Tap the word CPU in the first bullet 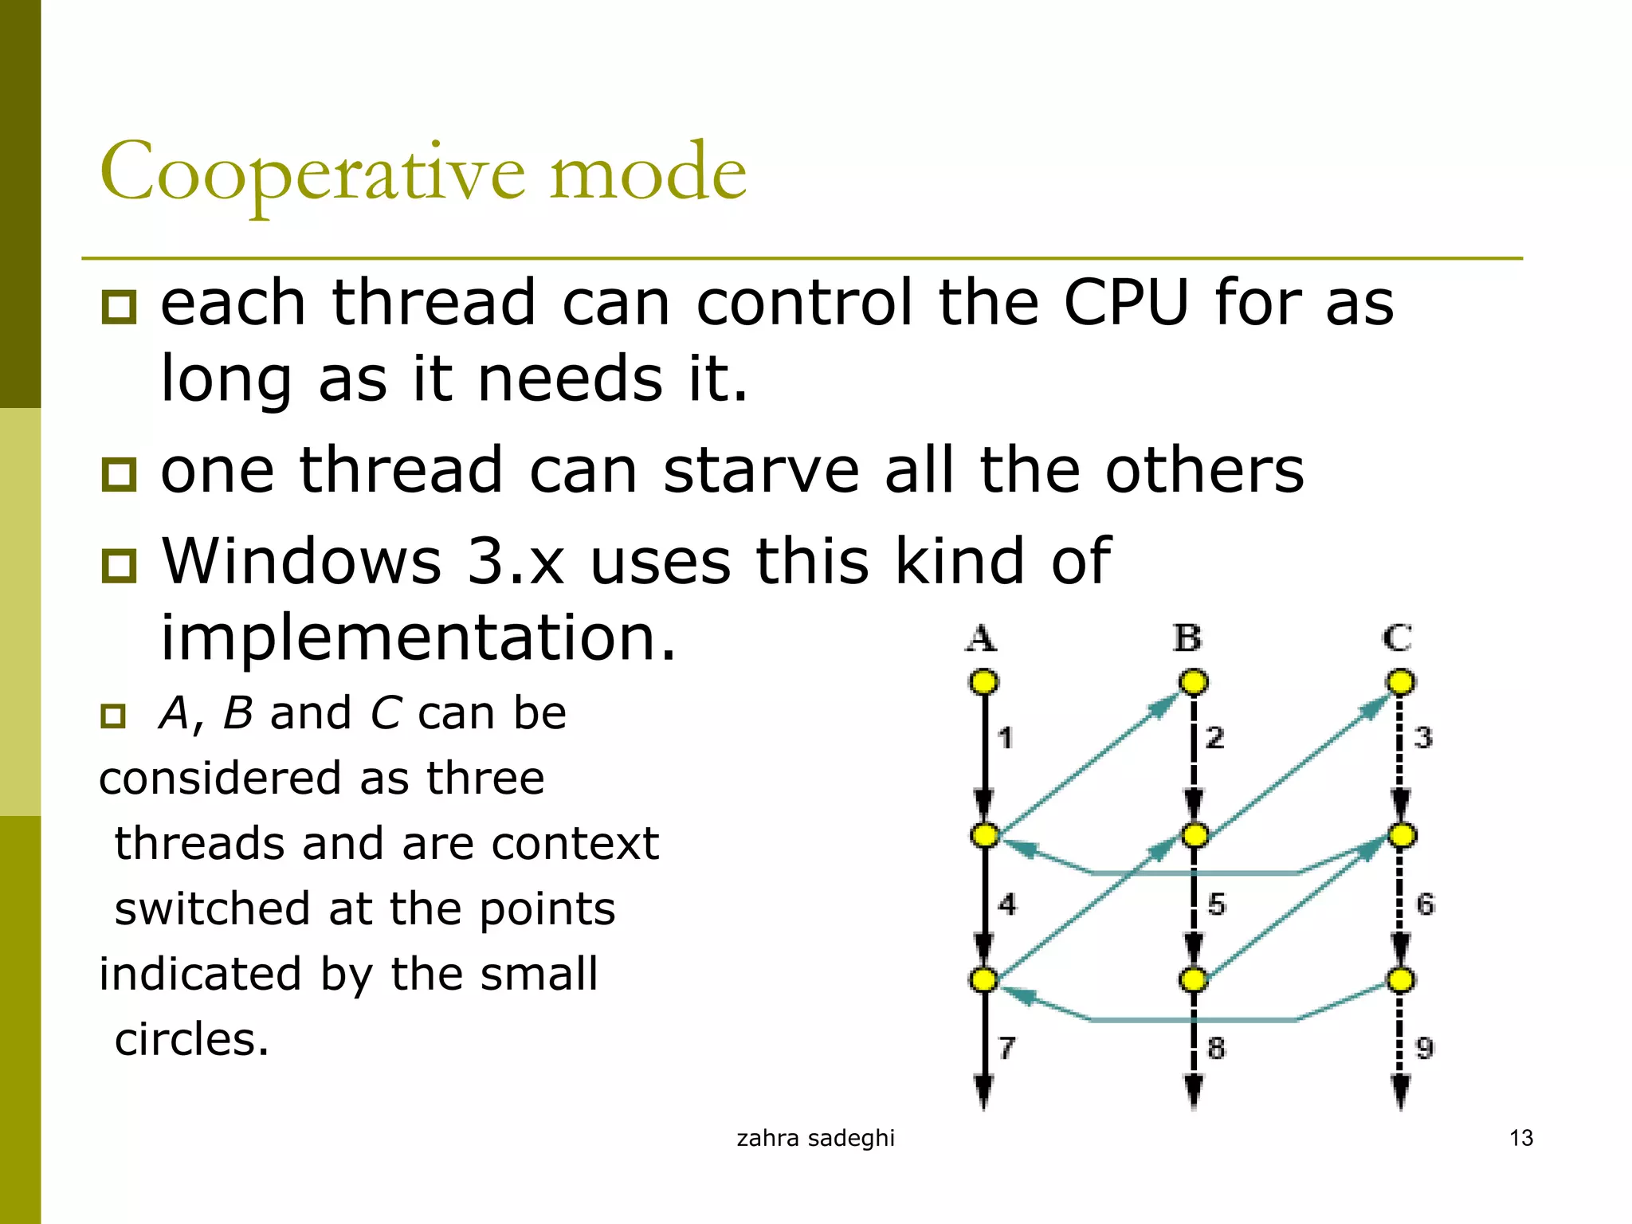(x=1126, y=304)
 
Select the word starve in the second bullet (x=761, y=471)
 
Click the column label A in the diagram (x=981, y=638)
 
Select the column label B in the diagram (x=1187, y=638)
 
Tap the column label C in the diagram (x=1397, y=638)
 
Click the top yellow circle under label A (x=983, y=682)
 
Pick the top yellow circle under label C (x=1401, y=682)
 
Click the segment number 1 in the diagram (x=1006, y=738)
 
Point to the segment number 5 (x=1216, y=904)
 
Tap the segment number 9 (x=1425, y=1047)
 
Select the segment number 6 (x=1425, y=904)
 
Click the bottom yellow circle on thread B (x=1193, y=979)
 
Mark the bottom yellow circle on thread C (x=1401, y=979)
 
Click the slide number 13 (x=1520, y=1138)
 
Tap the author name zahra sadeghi (x=815, y=1138)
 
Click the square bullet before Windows (x=120, y=565)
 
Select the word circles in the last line (x=191, y=1040)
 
